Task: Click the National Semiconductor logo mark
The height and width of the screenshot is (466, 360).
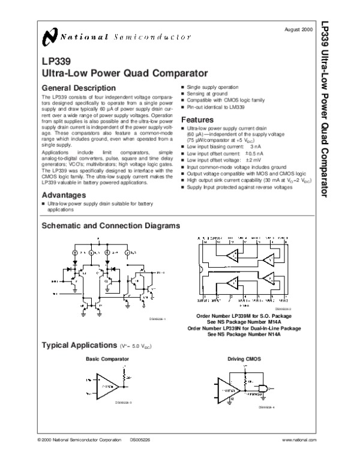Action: coord(49,38)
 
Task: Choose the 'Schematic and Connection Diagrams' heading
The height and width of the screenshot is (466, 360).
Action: coord(110,226)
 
